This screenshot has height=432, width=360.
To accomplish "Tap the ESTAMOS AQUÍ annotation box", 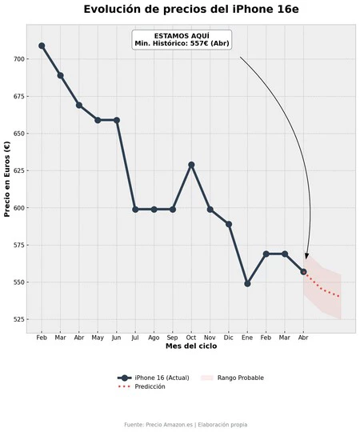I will point(182,40).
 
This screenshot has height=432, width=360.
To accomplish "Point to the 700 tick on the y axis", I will point(20,59).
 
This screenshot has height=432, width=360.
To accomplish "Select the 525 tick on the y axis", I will point(20,319).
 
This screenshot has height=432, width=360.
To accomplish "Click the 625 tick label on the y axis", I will point(20,170).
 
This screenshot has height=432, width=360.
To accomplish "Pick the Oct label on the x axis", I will point(191,338).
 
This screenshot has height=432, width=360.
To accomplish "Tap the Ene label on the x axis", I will point(247,338).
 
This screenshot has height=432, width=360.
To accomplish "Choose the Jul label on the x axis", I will point(135,338).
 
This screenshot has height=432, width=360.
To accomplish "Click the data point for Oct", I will point(191,165).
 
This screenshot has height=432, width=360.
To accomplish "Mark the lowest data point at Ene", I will point(247,283).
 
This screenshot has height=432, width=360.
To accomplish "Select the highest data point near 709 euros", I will point(42,46).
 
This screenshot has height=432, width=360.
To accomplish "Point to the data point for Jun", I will point(117,120).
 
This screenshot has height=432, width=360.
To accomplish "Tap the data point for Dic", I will point(229,224).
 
